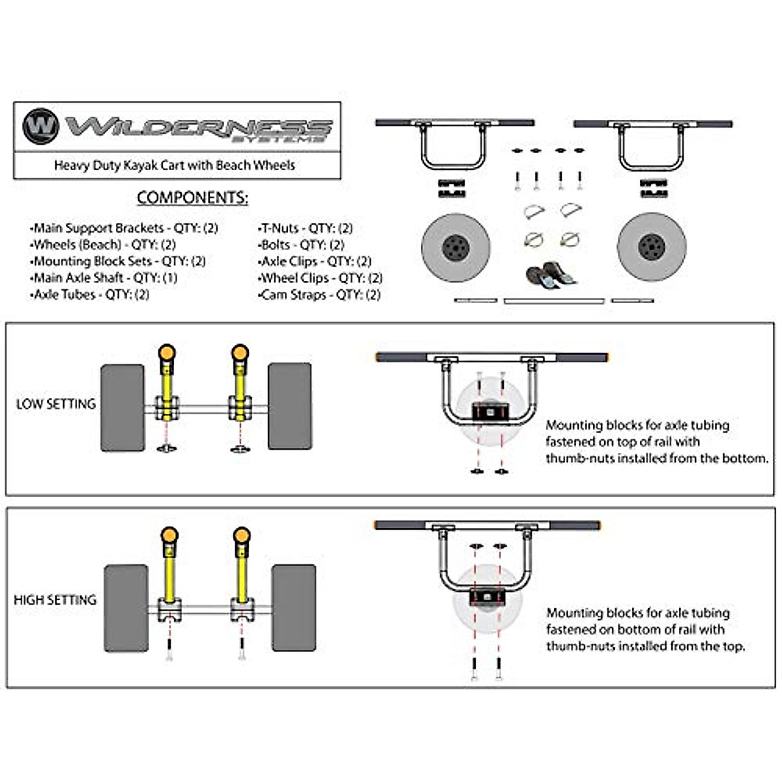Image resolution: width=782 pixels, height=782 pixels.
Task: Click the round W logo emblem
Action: click(40, 126)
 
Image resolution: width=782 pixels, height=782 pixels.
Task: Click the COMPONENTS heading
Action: click(192, 197)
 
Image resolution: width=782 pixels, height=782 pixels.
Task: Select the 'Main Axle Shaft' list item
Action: click(104, 278)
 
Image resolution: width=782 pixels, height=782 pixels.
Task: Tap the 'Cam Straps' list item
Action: click(319, 295)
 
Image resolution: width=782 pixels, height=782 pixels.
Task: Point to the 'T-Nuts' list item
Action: click(305, 228)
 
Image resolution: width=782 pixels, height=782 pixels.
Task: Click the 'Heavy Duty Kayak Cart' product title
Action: click(175, 165)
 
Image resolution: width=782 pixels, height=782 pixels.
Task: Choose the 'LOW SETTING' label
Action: click(56, 404)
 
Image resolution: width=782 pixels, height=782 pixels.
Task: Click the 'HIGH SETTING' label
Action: click(55, 600)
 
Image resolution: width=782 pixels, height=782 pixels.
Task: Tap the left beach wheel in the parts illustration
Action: click(456, 248)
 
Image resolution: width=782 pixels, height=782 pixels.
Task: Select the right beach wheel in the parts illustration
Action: click(652, 247)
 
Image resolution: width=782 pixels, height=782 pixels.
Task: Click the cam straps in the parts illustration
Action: click(551, 275)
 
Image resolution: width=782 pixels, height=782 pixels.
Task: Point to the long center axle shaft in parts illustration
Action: click(554, 301)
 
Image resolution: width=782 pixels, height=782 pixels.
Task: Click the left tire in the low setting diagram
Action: click(123, 407)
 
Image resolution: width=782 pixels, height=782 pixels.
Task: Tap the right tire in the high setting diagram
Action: click(294, 608)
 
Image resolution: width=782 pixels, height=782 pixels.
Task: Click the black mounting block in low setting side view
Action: click(490, 412)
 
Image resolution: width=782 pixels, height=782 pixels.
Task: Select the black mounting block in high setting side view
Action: click(487, 596)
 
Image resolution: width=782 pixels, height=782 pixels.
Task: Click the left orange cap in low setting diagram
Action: click(167, 353)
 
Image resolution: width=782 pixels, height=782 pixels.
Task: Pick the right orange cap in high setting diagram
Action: click(242, 535)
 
